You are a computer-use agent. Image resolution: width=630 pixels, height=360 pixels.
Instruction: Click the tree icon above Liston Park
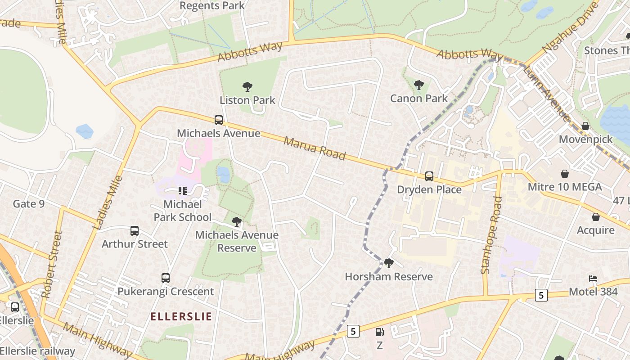coord(247,86)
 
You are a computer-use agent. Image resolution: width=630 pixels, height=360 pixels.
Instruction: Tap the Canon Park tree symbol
coord(418,85)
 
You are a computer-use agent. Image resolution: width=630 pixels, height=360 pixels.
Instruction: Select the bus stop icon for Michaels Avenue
coord(219,120)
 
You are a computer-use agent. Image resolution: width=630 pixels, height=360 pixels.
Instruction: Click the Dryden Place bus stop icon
coord(429,176)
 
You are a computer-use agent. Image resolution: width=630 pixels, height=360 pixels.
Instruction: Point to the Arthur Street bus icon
coord(135,231)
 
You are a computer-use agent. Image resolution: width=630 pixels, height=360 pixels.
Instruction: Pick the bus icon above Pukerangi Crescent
coord(166,278)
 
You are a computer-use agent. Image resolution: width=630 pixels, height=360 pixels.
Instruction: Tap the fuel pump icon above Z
coord(380,332)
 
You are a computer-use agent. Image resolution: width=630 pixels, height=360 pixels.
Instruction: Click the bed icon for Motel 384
coord(593,279)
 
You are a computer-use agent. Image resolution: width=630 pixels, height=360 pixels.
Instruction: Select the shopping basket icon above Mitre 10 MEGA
coord(564,174)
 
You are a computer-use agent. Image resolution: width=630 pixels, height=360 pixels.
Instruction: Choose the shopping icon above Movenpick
coord(585,126)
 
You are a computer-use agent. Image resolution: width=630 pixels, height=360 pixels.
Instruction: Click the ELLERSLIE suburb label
coord(181,316)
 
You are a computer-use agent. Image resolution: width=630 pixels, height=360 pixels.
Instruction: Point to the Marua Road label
coord(315,148)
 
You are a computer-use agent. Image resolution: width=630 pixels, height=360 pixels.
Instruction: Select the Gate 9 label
coord(29,204)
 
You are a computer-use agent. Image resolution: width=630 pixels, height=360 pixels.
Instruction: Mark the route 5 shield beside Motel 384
coord(541,295)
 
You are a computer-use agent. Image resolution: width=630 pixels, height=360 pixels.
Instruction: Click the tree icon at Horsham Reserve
coord(389,263)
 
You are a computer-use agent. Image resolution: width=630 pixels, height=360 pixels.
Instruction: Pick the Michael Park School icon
coord(182,191)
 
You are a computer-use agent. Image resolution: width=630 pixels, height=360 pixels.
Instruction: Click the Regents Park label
coord(212,5)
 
